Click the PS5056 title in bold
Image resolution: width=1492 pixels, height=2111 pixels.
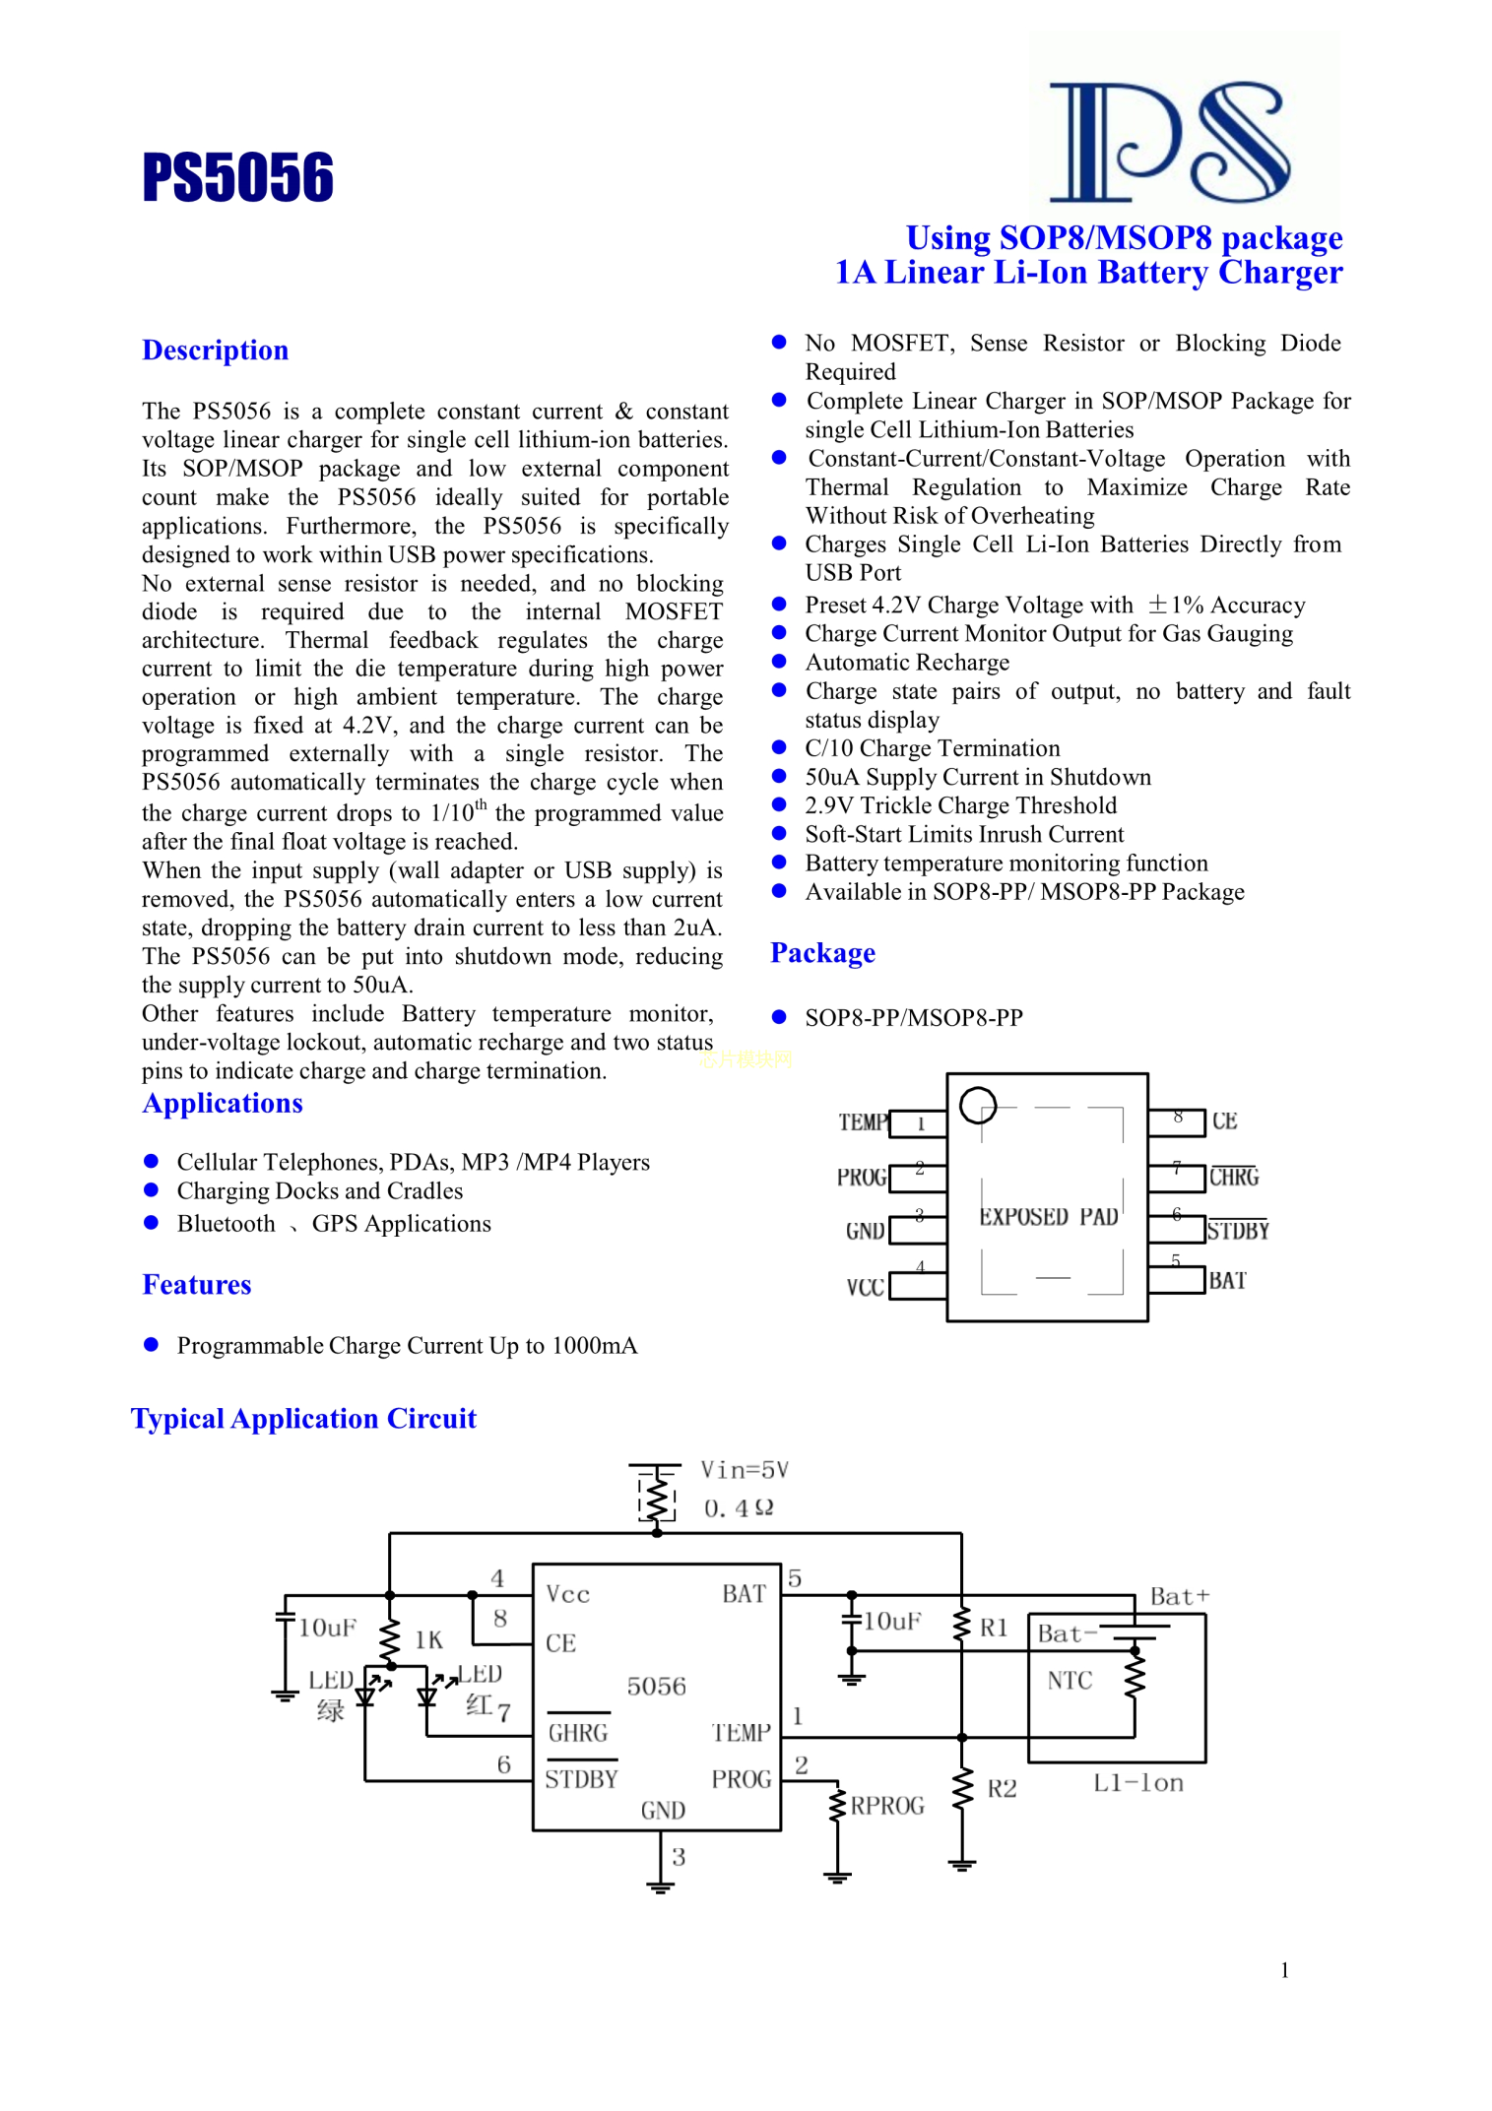[237, 177]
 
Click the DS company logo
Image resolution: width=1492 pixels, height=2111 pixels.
[1170, 142]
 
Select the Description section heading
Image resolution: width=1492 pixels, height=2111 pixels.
[215, 351]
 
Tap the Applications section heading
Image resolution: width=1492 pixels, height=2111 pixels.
[223, 1103]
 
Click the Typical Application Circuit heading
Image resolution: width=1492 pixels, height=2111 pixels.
[303, 1418]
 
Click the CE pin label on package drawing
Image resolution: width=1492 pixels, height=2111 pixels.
[1224, 1120]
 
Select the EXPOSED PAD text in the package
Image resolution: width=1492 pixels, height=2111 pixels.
[1048, 1217]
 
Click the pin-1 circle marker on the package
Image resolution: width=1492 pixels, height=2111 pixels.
[978, 1105]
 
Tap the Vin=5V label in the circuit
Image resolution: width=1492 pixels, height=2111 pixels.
[745, 1470]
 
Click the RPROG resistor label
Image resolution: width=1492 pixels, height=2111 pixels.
[887, 1806]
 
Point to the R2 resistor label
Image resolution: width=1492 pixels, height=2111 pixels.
[1002, 1788]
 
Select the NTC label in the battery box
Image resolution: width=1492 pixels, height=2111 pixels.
[1070, 1680]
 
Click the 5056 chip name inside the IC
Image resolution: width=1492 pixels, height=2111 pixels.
[656, 1687]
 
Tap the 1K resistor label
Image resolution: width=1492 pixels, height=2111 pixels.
[428, 1639]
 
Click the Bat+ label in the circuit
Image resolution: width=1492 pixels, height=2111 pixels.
[1180, 1596]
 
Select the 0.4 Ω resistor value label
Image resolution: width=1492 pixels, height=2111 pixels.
[739, 1508]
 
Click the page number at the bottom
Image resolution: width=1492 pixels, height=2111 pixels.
[1284, 1969]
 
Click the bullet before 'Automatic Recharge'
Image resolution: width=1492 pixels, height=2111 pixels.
[779, 661]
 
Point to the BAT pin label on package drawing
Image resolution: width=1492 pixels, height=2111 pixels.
[1227, 1280]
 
